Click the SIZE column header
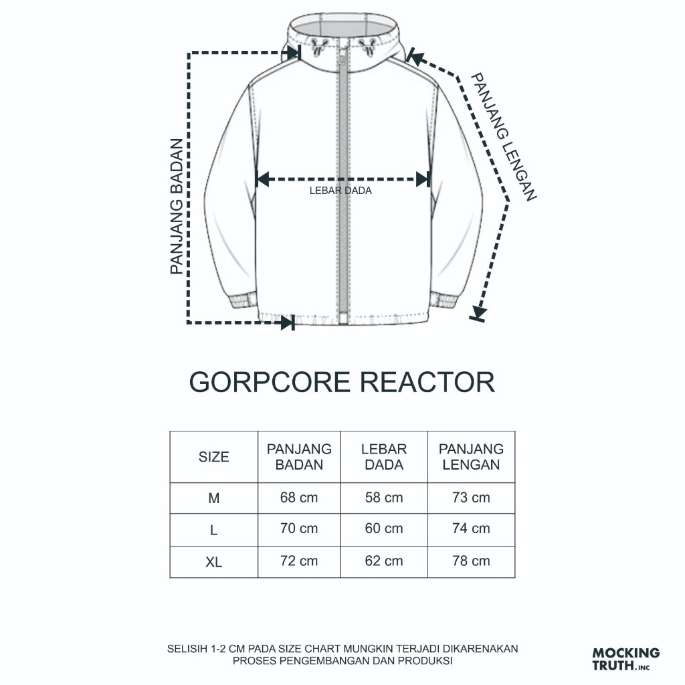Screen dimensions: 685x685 213,457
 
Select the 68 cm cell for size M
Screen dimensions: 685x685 299,498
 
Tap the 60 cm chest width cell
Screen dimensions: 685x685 384,528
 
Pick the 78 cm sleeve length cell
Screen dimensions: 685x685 471,561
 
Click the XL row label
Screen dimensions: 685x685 213,563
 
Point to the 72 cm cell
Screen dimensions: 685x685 299,561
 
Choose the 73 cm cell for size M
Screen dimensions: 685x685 471,498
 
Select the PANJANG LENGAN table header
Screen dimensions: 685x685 471,457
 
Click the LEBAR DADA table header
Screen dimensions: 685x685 384,457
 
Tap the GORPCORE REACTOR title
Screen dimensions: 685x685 342,382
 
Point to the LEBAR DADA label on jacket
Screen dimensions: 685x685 340,191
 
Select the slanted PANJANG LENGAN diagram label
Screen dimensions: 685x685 505,136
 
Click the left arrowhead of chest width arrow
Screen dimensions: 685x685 264,179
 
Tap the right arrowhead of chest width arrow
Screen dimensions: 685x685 422,179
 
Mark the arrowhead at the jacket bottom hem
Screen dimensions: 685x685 287,322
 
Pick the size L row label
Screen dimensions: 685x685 213,530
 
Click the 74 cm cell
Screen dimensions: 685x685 471,528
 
